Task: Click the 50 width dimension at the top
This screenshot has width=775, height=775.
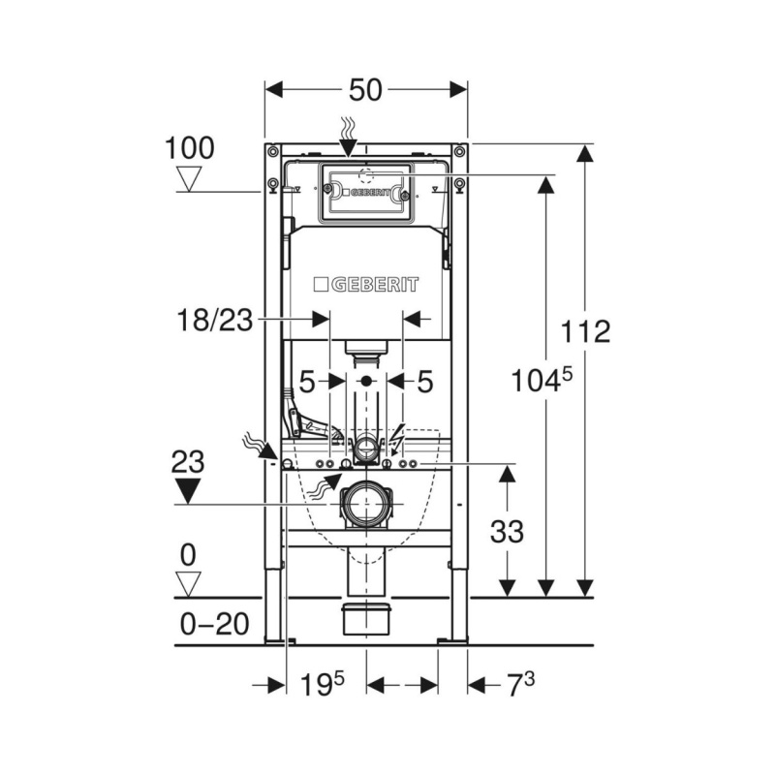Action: tap(365, 90)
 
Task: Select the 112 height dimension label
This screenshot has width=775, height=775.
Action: tap(585, 331)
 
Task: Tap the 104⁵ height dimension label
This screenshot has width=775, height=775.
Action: tap(542, 380)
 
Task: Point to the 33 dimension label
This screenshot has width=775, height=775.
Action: tap(507, 532)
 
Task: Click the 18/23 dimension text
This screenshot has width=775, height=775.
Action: tap(214, 320)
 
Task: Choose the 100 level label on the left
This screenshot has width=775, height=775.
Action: tap(189, 148)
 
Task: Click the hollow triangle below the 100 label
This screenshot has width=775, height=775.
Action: tap(189, 179)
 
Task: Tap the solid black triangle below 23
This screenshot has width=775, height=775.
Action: tap(188, 491)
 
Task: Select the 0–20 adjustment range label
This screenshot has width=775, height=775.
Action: tap(214, 624)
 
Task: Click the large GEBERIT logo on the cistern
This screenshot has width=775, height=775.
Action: tap(366, 285)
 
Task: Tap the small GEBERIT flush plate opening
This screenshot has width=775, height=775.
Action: tap(366, 192)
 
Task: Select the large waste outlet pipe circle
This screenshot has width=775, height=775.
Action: tap(366, 505)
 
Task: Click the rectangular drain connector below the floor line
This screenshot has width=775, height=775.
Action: tap(366, 619)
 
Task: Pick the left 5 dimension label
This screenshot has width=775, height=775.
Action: tap(307, 382)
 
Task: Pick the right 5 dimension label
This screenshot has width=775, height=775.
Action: tap(425, 382)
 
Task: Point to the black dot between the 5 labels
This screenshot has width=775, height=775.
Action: tap(366, 381)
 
